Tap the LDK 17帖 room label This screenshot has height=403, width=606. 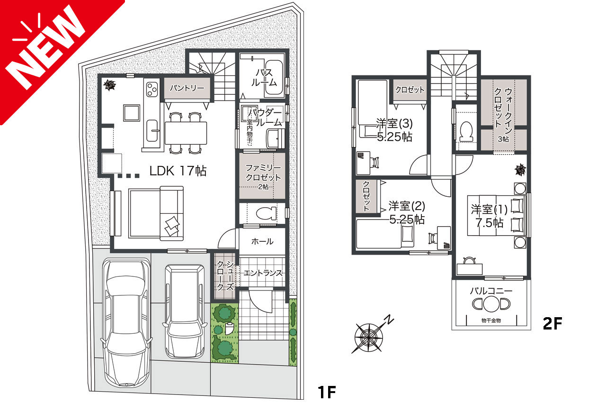[178, 171]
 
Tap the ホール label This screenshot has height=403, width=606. [262, 241]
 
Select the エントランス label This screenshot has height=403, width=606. [263, 273]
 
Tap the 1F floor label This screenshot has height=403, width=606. [326, 391]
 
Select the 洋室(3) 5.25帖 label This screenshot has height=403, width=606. [394, 130]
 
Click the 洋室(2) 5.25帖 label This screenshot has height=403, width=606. [406, 212]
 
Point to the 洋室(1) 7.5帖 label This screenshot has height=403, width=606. [487, 216]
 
